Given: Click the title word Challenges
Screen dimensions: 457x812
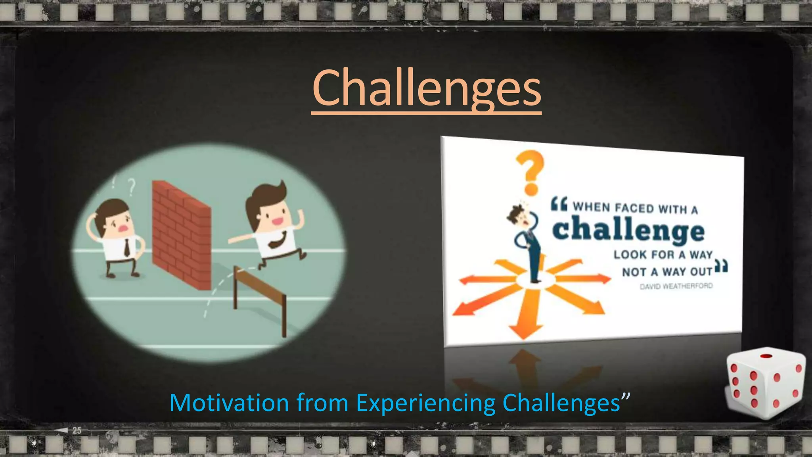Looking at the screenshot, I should click(426, 88).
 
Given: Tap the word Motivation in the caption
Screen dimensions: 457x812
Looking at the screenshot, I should click(229, 403).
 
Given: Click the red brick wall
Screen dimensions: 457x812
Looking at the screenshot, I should click(181, 234).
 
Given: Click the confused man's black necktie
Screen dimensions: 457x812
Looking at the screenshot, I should click(126, 248).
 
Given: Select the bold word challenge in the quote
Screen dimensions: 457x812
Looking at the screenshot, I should click(628, 230).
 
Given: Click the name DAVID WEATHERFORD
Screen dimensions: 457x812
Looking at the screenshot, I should click(676, 286).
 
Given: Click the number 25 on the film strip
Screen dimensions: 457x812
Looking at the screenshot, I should click(77, 430).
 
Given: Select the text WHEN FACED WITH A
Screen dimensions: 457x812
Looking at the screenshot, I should click(635, 208).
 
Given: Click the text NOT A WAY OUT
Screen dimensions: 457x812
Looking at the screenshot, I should click(667, 272).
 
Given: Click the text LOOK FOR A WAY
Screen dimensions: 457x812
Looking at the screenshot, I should click(663, 254).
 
